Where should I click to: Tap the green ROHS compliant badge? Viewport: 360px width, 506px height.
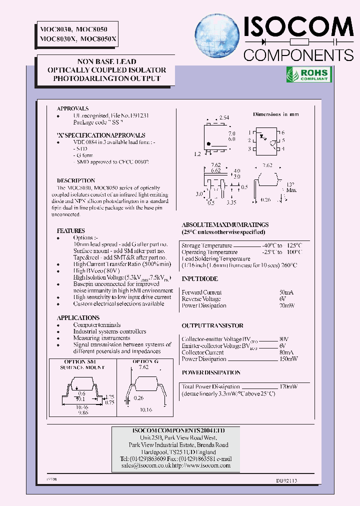pyautogui.click(x=307, y=74)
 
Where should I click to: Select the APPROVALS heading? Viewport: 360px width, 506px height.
pyautogui.click(x=73, y=108)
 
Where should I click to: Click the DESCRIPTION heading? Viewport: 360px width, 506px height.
pyautogui.click(x=76, y=180)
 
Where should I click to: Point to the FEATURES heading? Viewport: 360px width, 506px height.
pyautogui.click(x=71, y=231)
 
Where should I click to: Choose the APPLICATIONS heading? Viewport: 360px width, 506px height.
pyautogui.click(x=78, y=318)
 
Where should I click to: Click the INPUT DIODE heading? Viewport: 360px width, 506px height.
pyautogui.click(x=200, y=279)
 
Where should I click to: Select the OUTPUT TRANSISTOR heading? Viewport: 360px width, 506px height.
pyautogui.click(x=212, y=325)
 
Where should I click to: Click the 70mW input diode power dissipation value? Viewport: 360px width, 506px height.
pyautogui.click(x=287, y=305)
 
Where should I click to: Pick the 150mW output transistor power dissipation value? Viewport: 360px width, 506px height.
pyautogui.click(x=288, y=359)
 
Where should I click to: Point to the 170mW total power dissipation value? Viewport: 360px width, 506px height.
pyautogui.click(x=288, y=386)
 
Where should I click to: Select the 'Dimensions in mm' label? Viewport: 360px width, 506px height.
pyautogui.click(x=275, y=114)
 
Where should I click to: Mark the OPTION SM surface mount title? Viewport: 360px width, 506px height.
pyautogui.click(x=80, y=361)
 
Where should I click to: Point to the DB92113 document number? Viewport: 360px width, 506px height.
pyautogui.click(x=286, y=480)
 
